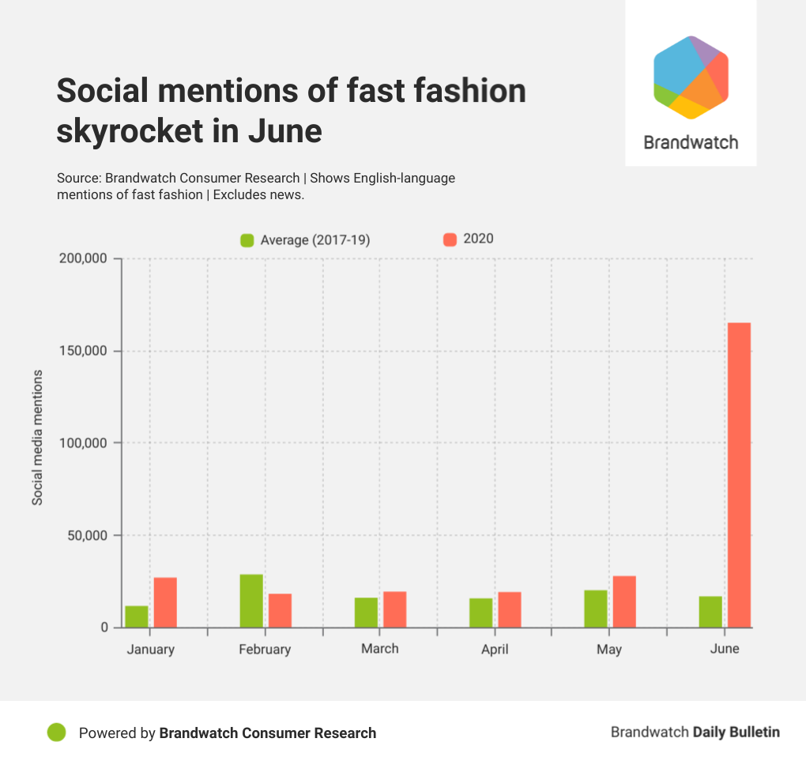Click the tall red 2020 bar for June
tap(739, 474)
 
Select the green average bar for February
tap(251, 601)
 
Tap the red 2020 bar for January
tap(165, 602)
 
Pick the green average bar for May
tap(596, 608)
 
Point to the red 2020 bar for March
tap(394, 609)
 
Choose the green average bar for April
tap(480, 612)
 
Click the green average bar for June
tap(710, 612)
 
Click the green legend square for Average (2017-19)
tap(247, 240)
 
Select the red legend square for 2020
tap(450, 239)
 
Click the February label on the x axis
tap(265, 650)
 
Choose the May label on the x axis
tap(609, 650)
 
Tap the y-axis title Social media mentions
tap(37, 437)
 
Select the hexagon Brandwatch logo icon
tap(691, 77)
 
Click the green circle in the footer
tap(56, 733)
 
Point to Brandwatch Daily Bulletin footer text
tap(695, 732)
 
